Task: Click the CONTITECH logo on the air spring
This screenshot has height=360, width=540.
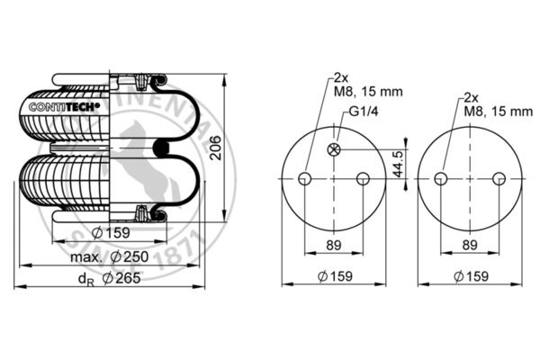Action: pos(65,107)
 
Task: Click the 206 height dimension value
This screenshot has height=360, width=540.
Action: pos(216,148)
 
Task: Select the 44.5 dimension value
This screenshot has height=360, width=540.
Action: pos(398,164)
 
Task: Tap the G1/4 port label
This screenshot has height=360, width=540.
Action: pos(364,112)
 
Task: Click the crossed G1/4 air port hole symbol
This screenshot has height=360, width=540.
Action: pos(334,149)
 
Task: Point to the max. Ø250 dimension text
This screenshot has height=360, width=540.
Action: pos(110,256)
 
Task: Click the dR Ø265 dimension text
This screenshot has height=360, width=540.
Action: pos(110,278)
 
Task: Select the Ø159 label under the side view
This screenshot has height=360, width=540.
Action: pos(112,233)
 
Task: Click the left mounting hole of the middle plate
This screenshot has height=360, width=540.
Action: pos(305,179)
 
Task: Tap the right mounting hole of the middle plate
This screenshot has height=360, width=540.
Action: pos(363,179)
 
